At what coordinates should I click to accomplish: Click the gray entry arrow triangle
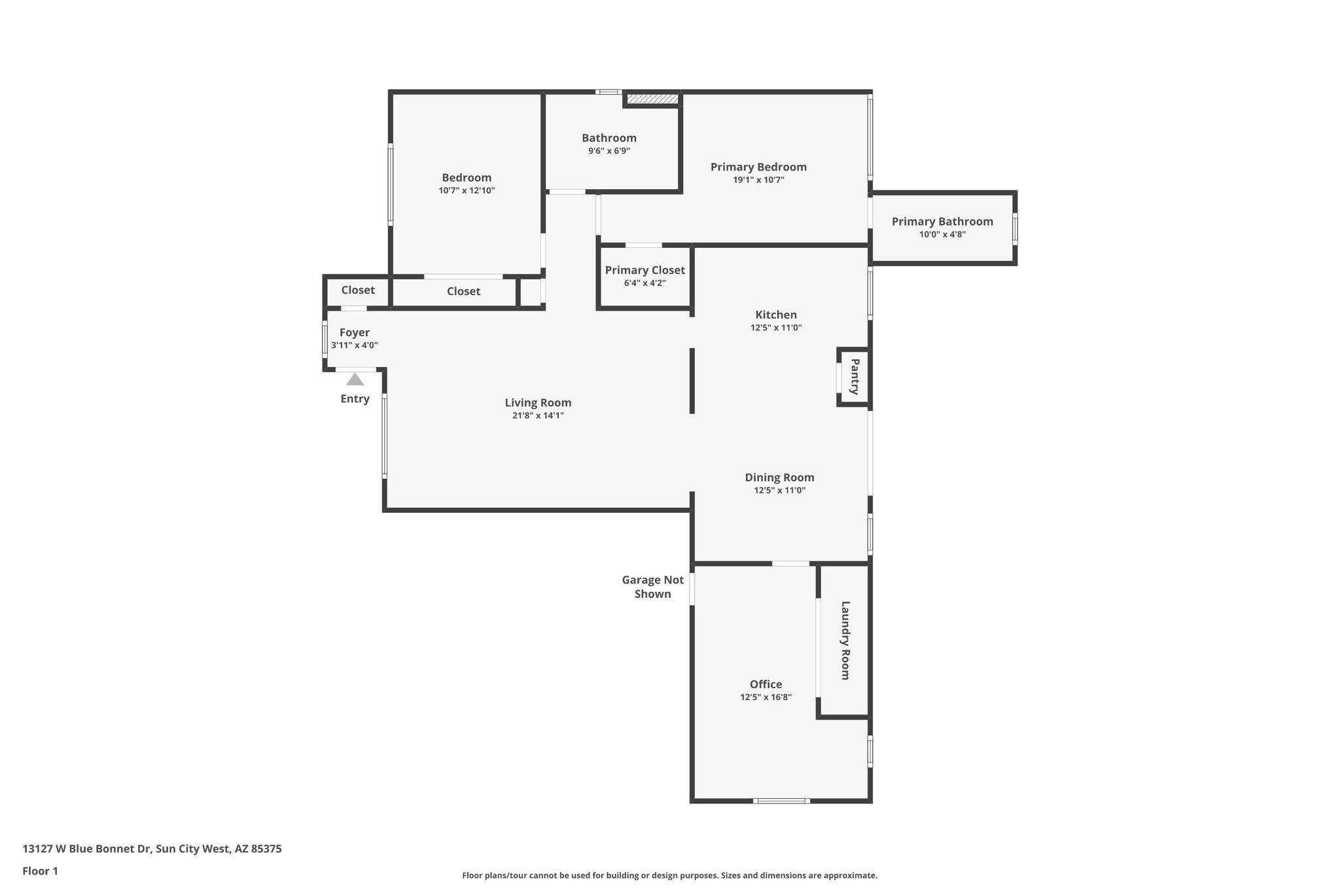355,379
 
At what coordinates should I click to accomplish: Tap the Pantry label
855,376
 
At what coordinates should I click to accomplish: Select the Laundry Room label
845,640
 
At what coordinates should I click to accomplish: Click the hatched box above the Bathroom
652,99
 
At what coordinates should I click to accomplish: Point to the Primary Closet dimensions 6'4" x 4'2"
644,283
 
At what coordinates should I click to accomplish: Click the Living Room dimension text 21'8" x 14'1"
538,415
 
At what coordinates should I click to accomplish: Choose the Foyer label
354,332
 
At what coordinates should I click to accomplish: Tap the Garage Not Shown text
652,586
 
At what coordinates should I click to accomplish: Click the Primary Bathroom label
942,222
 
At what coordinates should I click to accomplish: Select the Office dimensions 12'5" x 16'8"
766,697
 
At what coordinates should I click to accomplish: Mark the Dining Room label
779,478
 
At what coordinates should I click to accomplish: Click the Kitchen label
776,315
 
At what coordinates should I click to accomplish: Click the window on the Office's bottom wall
781,801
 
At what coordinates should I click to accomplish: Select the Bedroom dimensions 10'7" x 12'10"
467,191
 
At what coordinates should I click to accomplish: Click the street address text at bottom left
152,849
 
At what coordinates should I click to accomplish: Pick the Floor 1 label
40,871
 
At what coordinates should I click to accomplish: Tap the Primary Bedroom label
758,167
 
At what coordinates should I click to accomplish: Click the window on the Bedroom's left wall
391,185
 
